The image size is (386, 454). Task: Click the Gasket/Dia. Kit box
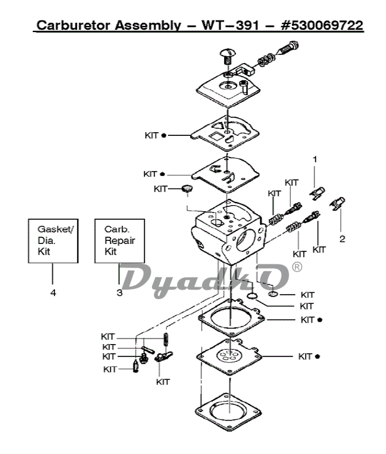[x=52, y=240]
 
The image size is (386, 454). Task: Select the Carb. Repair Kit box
[x=119, y=240]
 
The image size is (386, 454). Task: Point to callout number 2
[x=342, y=238]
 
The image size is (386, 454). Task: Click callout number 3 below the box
[x=119, y=293]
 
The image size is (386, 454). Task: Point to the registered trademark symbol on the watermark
[x=297, y=267]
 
